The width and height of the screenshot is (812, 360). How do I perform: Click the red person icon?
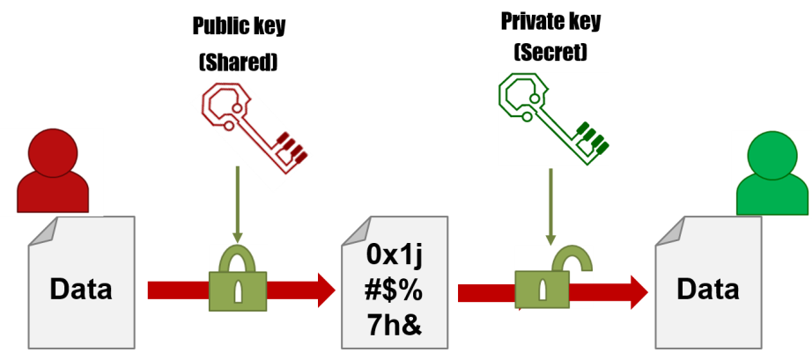click(53, 171)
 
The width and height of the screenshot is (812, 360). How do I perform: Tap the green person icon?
click(772, 173)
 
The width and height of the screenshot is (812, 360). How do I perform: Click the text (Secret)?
click(550, 52)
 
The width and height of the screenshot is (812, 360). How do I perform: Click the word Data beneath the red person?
click(81, 289)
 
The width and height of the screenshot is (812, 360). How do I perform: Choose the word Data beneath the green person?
click(708, 289)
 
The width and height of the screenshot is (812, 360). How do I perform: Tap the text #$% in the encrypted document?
click(394, 290)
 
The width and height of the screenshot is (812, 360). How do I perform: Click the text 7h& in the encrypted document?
click(395, 327)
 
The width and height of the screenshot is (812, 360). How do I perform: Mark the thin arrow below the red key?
click(238, 204)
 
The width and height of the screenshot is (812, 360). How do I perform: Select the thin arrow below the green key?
click(550, 206)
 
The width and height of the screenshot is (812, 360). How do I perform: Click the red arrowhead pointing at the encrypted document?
click(326, 290)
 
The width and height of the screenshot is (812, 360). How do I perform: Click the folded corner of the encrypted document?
click(354, 231)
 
